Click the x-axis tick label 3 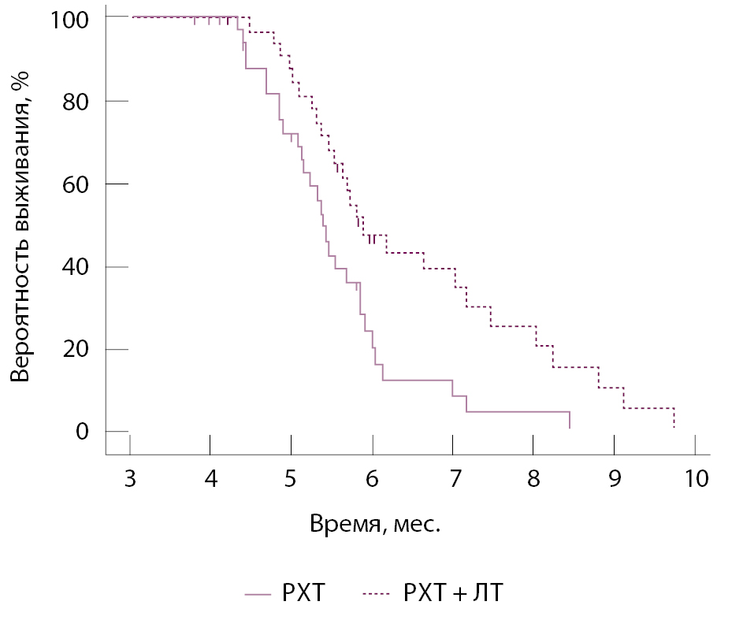click(x=129, y=479)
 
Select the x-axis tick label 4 click(x=210, y=479)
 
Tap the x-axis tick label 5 click(x=291, y=479)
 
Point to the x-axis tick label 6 click(x=372, y=479)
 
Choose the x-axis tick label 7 click(x=453, y=479)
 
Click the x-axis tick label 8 click(x=533, y=479)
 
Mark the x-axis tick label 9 click(x=615, y=479)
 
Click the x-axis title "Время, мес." click(x=375, y=524)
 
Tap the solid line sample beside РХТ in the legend click(x=258, y=593)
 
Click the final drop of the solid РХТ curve click(x=569, y=420)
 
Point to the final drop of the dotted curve click(x=674, y=418)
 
